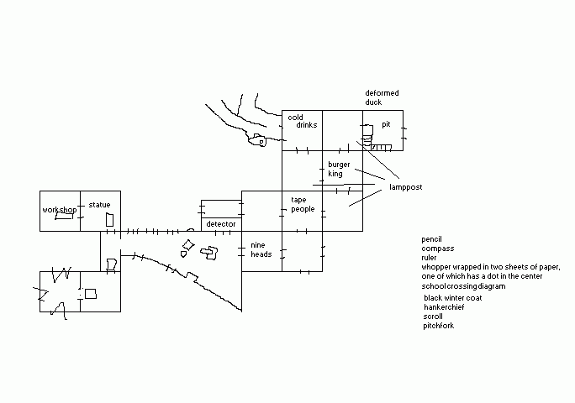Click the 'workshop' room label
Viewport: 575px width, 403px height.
(x=60, y=209)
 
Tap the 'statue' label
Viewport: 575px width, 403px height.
(x=99, y=204)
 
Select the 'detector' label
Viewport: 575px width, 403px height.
(x=221, y=224)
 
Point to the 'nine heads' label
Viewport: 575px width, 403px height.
(x=261, y=249)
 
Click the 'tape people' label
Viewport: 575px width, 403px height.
(x=303, y=204)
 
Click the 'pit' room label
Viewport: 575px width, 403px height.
(x=386, y=124)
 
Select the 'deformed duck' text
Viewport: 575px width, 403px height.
(x=382, y=97)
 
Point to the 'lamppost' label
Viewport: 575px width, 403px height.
(x=405, y=186)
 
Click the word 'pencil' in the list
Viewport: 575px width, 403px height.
(x=432, y=239)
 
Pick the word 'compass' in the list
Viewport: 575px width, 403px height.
(x=437, y=249)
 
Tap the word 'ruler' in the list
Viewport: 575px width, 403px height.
(x=430, y=258)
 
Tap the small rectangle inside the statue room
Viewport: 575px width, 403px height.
(x=108, y=218)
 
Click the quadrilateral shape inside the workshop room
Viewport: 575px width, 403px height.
(x=61, y=216)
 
